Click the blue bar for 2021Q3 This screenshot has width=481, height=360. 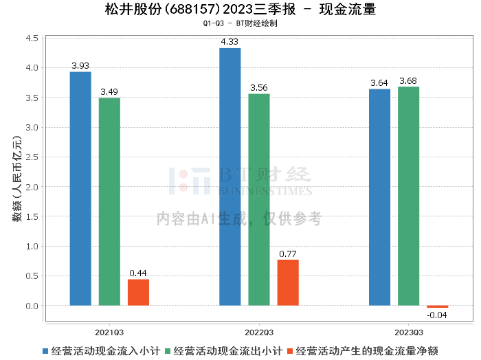[x=80, y=188]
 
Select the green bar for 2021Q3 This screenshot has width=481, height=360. [x=109, y=201]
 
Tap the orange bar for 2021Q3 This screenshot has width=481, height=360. [x=138, y=292]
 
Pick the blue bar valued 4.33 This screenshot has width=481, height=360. [x=230, y=177]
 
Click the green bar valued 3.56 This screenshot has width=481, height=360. [x=259, y=199]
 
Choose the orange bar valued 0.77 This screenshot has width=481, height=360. [x=288, y=282]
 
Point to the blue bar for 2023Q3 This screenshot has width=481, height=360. [x=379, y=197]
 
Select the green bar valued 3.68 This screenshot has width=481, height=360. [x=408, y=196]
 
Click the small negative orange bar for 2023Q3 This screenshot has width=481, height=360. [x=437, y=306]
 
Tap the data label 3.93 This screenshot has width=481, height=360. [x=80, y=66]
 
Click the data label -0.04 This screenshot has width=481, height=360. [x=437, y=315]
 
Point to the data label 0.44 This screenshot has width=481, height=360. [x=138, y=273]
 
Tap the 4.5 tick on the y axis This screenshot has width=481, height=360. [x=32, y=38]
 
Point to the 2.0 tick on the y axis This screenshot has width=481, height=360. [x=32, y=187]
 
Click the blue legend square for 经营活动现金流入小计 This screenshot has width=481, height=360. [x=46, y=351]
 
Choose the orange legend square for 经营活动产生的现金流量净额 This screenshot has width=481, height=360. [x=290, y=351]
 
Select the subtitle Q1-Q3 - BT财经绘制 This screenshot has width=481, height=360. [x=240, y=23]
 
